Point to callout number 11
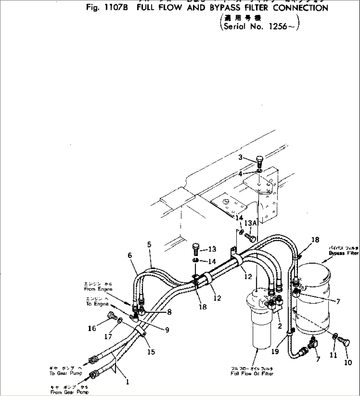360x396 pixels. click(334, 355)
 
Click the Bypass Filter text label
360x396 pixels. click(343, 253)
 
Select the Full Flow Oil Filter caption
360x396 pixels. click(252, 374)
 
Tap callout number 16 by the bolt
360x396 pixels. click(92, 328)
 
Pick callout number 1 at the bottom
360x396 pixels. click(127, 382)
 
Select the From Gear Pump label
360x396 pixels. click(69, 392)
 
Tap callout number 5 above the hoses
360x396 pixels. click(149, 244)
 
